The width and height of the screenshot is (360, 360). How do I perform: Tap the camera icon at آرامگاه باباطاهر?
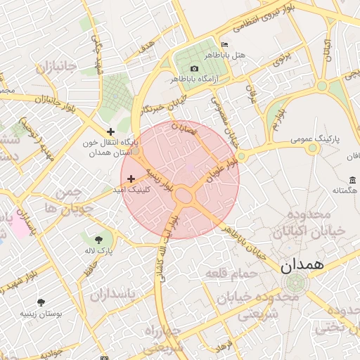193,68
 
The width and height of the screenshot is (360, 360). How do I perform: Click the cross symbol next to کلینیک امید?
131,179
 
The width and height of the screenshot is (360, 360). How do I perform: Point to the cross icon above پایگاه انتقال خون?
110,131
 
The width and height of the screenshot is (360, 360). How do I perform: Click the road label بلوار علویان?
222,169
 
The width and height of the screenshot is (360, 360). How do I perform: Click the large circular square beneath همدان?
294,284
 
